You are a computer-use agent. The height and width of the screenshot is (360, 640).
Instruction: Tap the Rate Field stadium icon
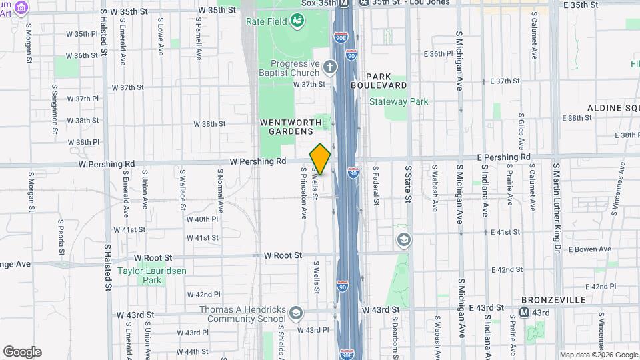point(297,22)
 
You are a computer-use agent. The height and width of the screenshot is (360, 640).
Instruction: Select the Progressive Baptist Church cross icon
point(330,67)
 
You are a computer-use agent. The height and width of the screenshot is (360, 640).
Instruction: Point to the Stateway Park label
point(399,102)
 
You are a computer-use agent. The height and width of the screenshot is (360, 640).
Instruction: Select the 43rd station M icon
point(525,312)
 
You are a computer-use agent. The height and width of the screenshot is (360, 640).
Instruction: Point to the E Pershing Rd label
point(504,157)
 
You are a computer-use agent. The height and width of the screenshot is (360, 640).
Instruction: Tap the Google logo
point(21,352)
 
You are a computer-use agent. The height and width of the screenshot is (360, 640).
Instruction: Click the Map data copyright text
point(598,355)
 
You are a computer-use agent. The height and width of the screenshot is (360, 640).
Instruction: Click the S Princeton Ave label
point(304,193)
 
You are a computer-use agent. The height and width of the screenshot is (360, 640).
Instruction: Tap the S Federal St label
point(376,185)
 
